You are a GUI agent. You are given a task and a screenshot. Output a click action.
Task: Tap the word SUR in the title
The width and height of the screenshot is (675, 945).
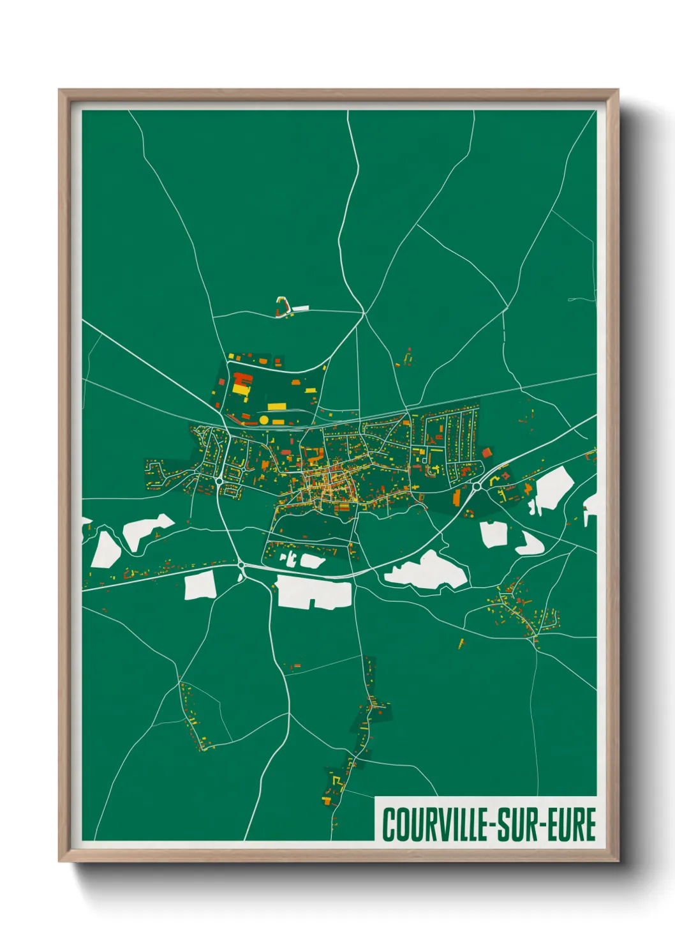tap(517, 824)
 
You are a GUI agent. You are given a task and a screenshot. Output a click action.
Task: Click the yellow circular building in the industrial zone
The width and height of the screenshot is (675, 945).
tap(263, 420)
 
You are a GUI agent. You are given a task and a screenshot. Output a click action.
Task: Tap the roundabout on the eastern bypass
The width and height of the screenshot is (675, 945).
tap(477, 487)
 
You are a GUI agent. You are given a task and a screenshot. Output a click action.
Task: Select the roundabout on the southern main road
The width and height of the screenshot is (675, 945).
tap(241, 564)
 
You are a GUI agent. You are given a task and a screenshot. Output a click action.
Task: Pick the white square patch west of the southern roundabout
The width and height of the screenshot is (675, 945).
tap(199, 586)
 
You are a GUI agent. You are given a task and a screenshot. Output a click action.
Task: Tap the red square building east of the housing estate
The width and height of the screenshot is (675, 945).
tap(487, 453)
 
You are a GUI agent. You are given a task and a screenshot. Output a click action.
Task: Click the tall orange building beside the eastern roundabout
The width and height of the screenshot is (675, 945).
tap(456, 497)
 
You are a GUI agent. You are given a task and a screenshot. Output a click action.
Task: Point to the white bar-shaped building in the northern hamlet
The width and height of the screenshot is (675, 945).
tap(300, 308)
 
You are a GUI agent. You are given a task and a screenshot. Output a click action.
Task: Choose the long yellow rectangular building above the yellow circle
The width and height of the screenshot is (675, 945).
tap(276, 406)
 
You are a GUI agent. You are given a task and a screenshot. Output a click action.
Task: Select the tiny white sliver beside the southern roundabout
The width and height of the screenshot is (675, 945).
tap(241, 577)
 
